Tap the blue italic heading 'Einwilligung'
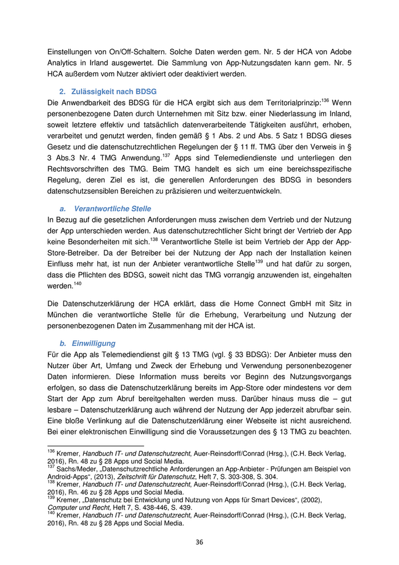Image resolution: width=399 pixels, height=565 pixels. point(95,344)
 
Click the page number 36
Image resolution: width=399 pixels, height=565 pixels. point(199,542)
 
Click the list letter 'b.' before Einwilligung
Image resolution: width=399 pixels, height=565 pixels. point(63,344)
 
